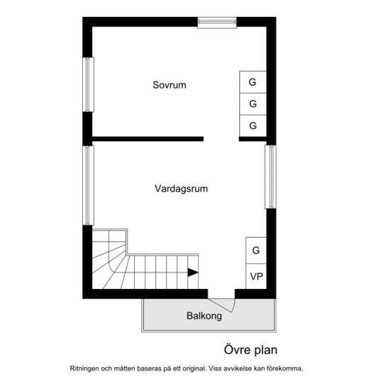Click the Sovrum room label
coord(170,85)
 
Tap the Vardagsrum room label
coord(181,188)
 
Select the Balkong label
coord(204,316)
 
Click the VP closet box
coord(256,276)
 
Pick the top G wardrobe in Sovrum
coord(253,82)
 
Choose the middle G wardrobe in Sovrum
coord(253,104)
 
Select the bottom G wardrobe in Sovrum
coord(253,126)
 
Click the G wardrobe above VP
coord(256,250)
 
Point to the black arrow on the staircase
coord(193,272)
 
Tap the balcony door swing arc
coord(233,306)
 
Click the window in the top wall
coord(217,23)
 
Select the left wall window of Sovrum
coord(88,84)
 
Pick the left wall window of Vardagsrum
coord(88,186)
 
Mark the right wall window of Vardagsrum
coord(270,176)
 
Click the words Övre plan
coord(250,350)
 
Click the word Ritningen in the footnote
coord(84,368)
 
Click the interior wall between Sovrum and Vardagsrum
coord(148,139)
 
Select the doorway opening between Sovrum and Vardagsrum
coord(221,139)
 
